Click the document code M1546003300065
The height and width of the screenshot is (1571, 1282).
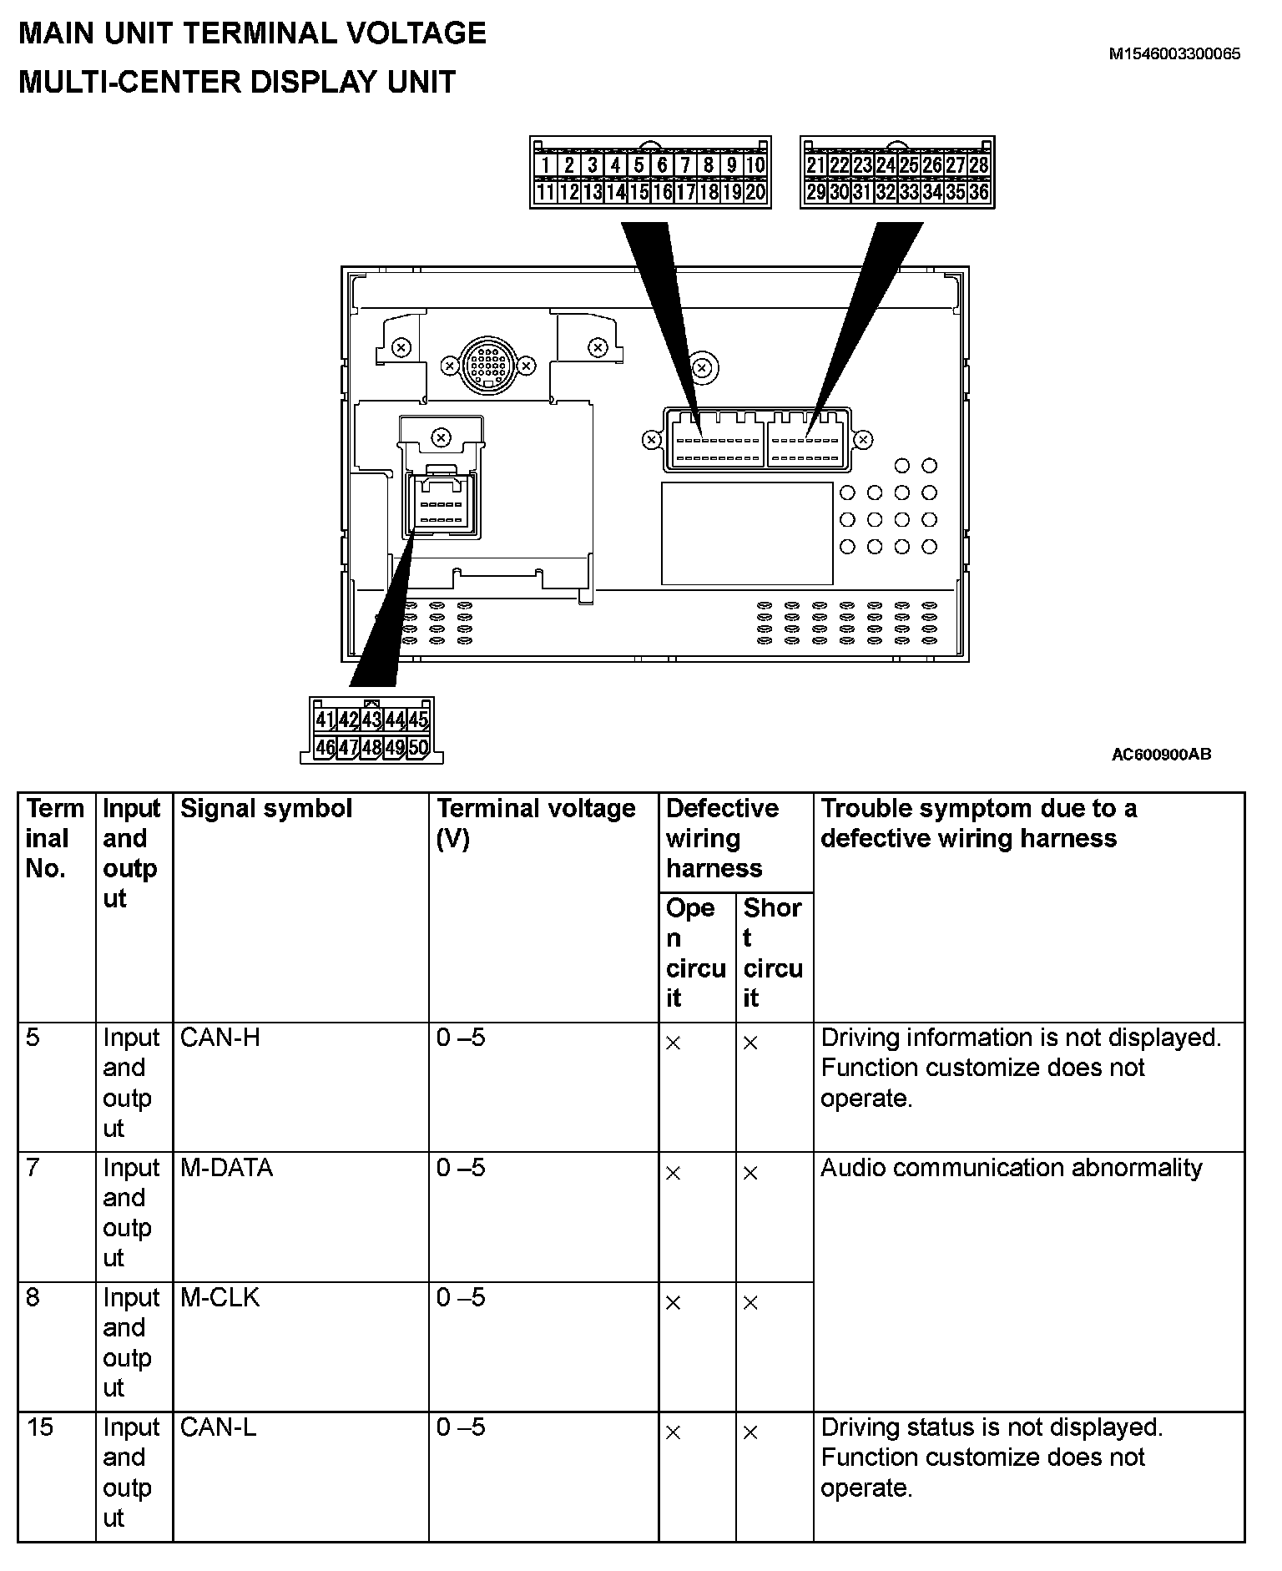click(x=1173, y=54)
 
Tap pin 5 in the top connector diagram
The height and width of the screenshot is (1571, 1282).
click(x=638, y=165)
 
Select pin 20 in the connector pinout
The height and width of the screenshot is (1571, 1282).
click(x=755, y=193)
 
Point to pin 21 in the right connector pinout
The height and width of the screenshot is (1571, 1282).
click(x=815, y=165)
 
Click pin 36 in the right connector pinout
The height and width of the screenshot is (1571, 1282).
click(x=978, y=193)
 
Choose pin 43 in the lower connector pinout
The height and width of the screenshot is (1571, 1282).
click(x=371, y=720)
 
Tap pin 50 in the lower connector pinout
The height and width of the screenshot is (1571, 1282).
click(x=418, y=747)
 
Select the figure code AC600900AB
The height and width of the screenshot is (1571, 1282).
click(x=1160, y=755)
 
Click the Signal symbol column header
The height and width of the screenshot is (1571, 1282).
click(x=266, y=808)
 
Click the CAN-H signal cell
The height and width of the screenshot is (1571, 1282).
click(x=220, y=1038)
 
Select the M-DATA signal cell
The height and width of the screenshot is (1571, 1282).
click(x=227, y=1167)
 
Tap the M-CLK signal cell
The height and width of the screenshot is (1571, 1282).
click(x=220, y=1297)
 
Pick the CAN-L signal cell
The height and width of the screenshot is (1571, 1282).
click(x=219, y=1427)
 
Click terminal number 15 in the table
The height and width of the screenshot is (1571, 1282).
click(x=40, y=1427)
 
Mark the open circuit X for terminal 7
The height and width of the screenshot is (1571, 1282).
click(x=674, y=1174)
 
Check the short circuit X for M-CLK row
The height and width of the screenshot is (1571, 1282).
click(x=750, y=1303)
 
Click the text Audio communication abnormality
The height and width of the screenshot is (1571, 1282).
click(x=1011, y=1167)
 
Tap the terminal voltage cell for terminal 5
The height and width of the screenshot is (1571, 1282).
click(x=461, y=1038)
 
